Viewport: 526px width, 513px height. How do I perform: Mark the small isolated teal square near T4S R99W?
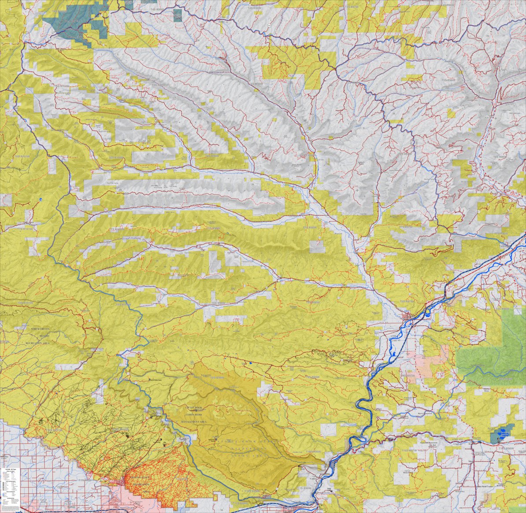177,15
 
